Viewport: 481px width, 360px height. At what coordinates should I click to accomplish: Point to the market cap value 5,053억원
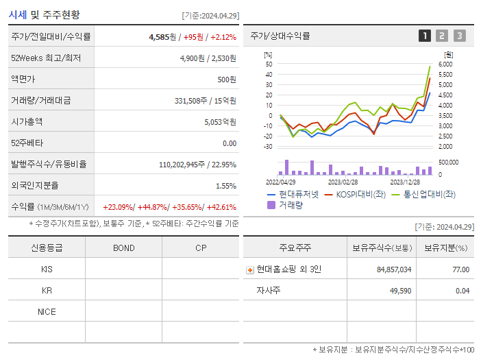tap(220, 122)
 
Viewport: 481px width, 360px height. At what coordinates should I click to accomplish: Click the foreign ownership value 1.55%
tap(225, 186)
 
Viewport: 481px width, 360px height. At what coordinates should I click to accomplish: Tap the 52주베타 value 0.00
tap(229, 143)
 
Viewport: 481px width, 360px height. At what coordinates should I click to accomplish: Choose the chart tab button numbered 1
tap(425, 36)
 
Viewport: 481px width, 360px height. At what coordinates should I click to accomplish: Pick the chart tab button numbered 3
tap(459, 36)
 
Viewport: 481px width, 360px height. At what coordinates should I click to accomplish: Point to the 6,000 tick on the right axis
tap(445, 64)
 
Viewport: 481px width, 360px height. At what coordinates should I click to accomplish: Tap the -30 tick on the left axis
tap(268, 147)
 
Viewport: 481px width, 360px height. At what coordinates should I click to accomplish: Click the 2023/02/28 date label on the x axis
tap(343, 182)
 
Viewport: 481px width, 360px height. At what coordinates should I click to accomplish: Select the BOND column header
tap(123, 248)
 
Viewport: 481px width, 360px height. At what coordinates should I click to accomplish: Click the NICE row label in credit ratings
tap(47, 312)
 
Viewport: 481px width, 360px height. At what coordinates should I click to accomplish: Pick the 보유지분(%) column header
tap(445, 248)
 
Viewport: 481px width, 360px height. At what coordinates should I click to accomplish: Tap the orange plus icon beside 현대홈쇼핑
tap(250, 270)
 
